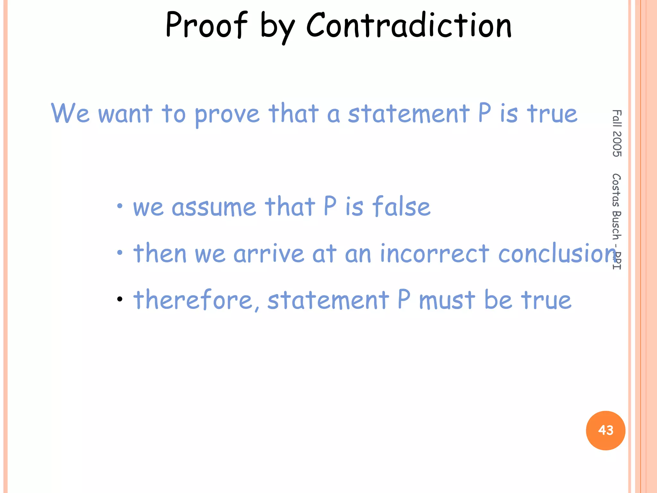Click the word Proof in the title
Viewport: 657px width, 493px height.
coord(207,25)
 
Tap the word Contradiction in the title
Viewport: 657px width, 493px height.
coord(409,25)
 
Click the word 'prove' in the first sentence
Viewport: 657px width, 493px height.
coord(227,115)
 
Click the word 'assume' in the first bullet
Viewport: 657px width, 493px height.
coord(214,207)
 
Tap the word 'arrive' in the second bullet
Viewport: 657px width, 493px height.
coord(269,253)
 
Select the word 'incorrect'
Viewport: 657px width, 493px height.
coord(434,253)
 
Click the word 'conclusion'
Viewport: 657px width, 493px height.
coord(557,253)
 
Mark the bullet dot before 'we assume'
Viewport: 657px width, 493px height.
coord(120,206)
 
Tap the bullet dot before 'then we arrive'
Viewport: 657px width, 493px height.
coord(120,253)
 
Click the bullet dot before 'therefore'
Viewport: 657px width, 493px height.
coord(120,299)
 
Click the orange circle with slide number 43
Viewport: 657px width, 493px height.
coord(605,430)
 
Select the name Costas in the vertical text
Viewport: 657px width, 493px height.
coord(617,190)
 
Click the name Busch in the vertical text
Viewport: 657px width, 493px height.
coord(617,225)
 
